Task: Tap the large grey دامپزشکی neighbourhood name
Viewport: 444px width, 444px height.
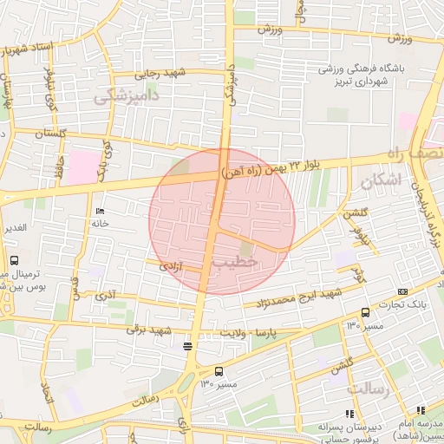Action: (126, 98)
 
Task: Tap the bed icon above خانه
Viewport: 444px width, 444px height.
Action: (100, 212)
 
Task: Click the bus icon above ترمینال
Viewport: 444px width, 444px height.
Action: (14, 260)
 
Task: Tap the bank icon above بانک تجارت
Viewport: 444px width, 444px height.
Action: (402, 292)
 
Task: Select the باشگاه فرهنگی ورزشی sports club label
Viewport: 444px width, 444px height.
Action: (356, 69)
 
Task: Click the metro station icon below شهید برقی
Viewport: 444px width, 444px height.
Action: (187, 347)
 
